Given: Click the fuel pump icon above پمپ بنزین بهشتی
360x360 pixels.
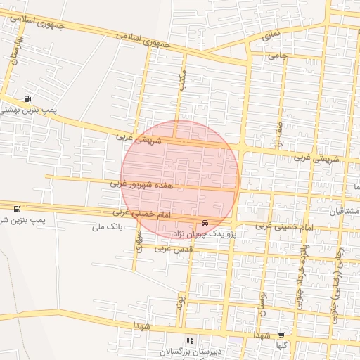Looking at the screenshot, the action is (27, 99).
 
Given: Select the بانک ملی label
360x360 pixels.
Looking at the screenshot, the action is (107, 227).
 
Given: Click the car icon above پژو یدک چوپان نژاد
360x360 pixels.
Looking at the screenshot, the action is (205, 223).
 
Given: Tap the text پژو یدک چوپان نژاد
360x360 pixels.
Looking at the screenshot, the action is (205, 233).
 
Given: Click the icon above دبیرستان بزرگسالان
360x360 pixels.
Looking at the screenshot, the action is (190, 341).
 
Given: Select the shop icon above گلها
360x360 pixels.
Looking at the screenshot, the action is (282, 335).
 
